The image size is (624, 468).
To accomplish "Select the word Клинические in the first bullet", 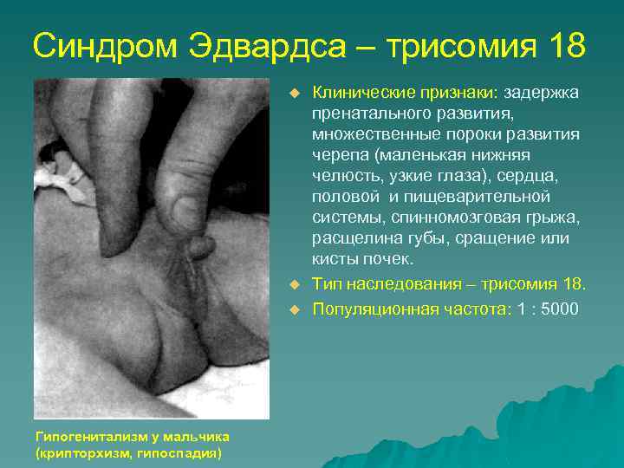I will [x=356, y=93].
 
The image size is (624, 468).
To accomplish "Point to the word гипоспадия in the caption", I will [x=184, y=452].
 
